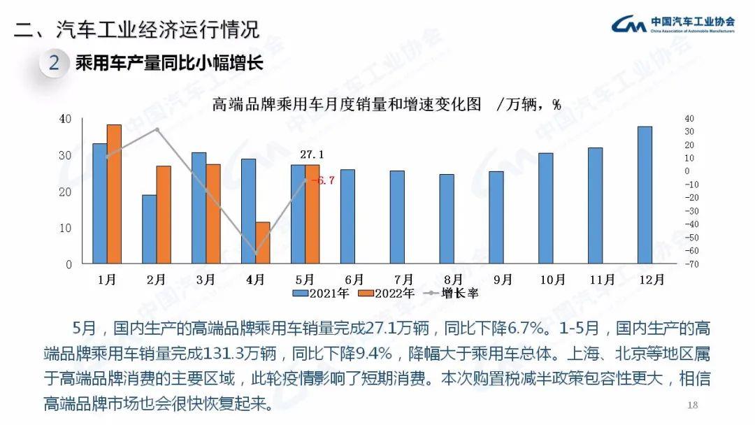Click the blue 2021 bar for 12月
645,195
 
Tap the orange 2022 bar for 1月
114,194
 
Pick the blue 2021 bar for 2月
150,229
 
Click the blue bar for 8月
447,219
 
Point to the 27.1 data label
312,154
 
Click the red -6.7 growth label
322,180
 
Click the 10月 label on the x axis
552,279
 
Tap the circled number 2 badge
55,64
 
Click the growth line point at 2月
157,129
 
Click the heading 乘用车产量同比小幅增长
168,64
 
